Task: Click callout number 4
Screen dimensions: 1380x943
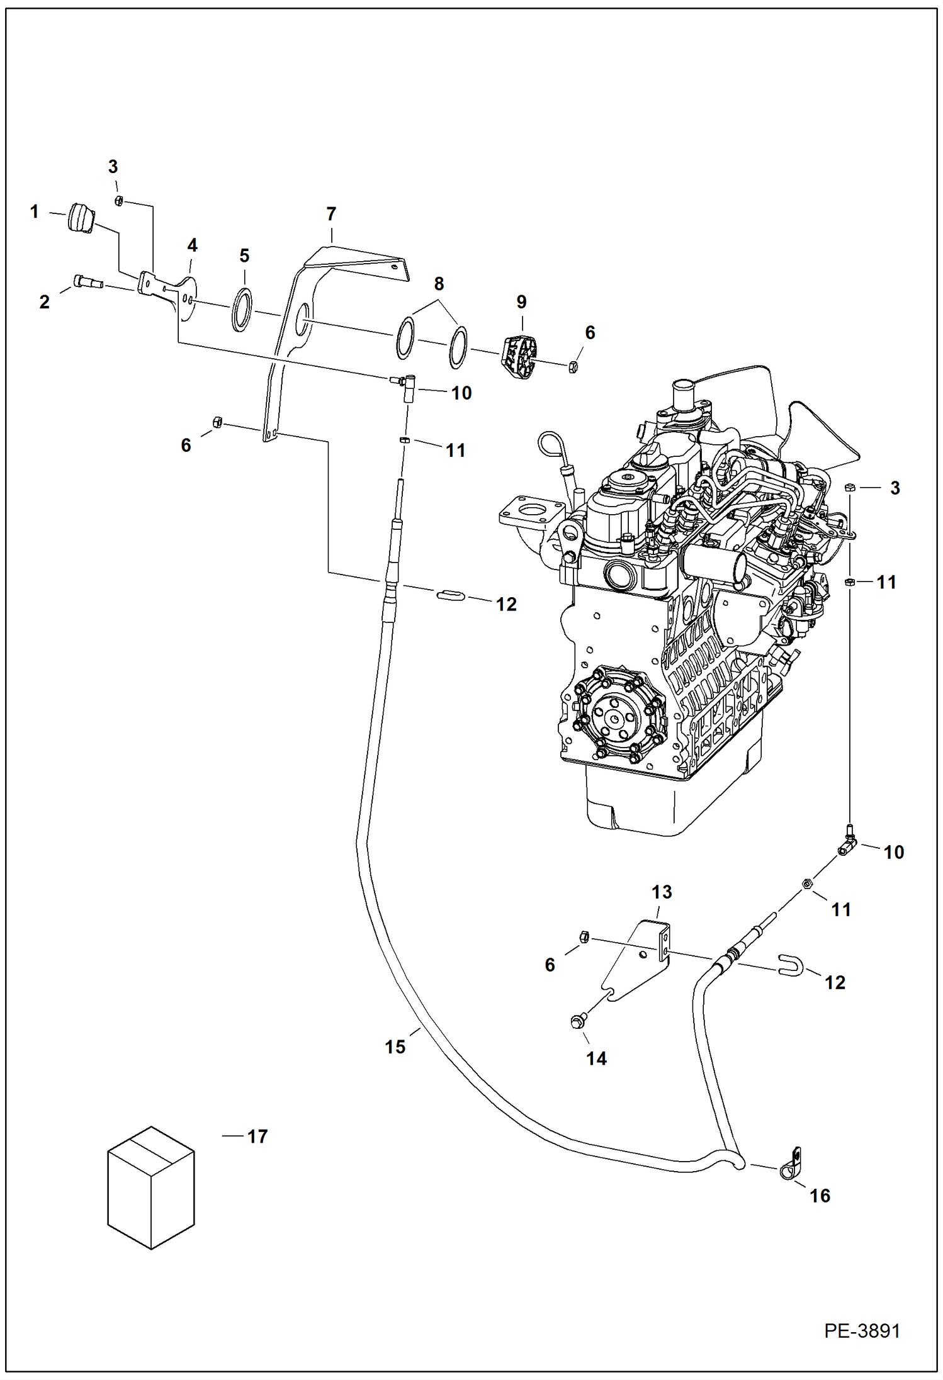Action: tap(192, 245)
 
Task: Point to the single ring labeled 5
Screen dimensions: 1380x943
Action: tap(242, 309)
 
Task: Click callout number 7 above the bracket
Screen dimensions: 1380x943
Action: tap(331, 214)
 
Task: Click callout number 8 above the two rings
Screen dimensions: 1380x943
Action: tap(439, 284)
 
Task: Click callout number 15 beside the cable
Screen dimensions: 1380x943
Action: tap(395, 1046)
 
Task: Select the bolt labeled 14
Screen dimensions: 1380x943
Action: tap(577, 1021)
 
